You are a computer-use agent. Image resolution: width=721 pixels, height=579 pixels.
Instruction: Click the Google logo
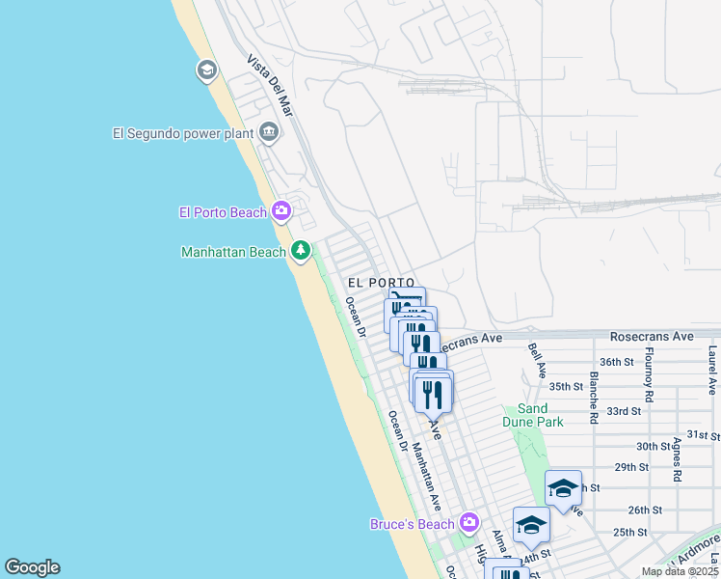pyautogui.click(x=32, y=567)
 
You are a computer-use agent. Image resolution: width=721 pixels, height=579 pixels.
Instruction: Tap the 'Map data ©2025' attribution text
pyautogui.click(x=679, y=571)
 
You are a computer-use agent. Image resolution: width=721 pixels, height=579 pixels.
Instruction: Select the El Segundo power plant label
pyautogui.click(x=182, y=133)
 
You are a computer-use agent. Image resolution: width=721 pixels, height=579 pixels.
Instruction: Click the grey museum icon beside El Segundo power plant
pyautogui.click(x=268, y=132)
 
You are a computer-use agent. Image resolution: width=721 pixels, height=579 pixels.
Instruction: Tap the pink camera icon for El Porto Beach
pyautogui.click(x=281, y=210)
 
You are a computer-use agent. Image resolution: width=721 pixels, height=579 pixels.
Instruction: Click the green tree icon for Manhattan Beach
pyautogui.click(x=301, y=251)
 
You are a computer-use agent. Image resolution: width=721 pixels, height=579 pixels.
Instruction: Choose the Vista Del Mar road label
pyautogui.click(x=269, y=86)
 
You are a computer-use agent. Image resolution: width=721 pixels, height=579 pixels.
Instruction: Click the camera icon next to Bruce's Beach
pyautogui.click(x=468, y=523)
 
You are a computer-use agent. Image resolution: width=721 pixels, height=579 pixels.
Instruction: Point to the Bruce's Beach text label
pyautogui.click(x=412, y=525)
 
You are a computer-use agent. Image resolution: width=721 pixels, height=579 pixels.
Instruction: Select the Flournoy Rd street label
pyautogui.click(x=650, y=375)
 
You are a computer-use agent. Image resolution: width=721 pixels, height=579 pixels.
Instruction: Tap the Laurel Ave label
pyautogui.click(x=712, y=371)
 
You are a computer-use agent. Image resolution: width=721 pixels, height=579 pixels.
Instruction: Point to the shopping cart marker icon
pyautogui.click(x=407, y=300)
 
